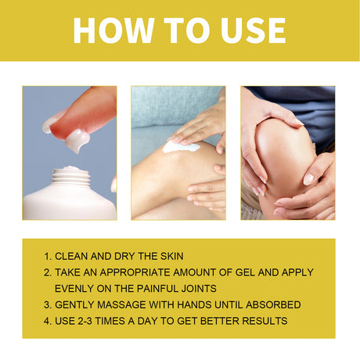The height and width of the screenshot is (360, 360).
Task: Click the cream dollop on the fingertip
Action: click(x=76, y=140)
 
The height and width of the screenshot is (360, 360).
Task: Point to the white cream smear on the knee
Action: click(x=182, y=146)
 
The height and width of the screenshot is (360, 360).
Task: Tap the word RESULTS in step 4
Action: click(x=262, y=321)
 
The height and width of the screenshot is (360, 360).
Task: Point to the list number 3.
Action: click(x=49, y=304)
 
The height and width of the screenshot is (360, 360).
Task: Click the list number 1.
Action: click(x=49, y=256)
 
